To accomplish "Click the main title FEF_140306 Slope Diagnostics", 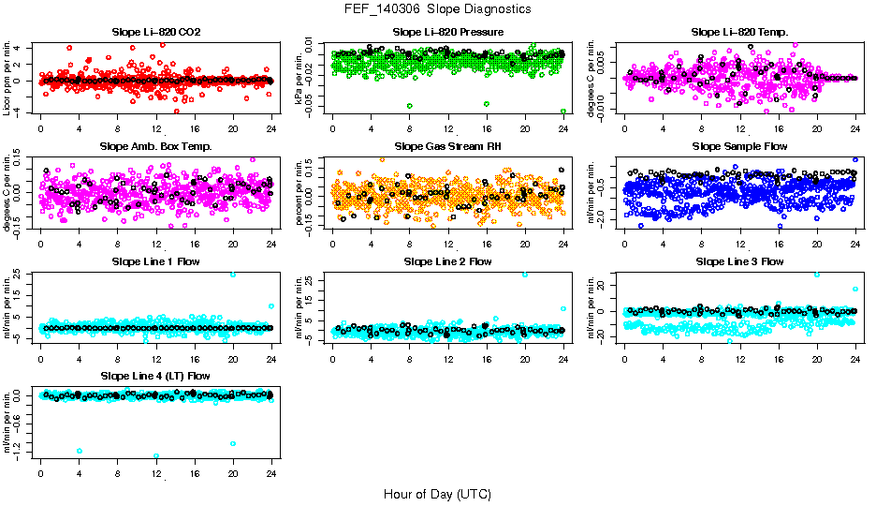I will [x=437, y=8].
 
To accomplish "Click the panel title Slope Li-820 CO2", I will [x=155, y=32].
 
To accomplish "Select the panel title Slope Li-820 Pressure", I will [x=447, y=32].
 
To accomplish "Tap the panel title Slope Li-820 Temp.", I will [x=739, y=32].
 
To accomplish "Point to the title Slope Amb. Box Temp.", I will [x=155, y=146].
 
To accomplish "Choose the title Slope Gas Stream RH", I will [x=447, y=146].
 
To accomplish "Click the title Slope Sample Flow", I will [x=739, y=146].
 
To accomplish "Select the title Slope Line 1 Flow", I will [x=155, y=260].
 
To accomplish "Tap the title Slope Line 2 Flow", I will [x=447, y=260].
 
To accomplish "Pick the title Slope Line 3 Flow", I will [x=739, y=260].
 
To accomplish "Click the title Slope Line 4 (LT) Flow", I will [x=155, y=376].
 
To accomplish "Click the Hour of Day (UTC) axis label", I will [x=437, y=493].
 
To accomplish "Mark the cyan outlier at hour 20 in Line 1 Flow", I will [x=233, y=275].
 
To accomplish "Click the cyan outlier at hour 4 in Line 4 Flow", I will [x=80, y=451].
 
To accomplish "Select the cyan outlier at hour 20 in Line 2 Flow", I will [x=525, y=275].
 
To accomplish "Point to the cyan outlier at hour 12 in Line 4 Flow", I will [x=156, y=456].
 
